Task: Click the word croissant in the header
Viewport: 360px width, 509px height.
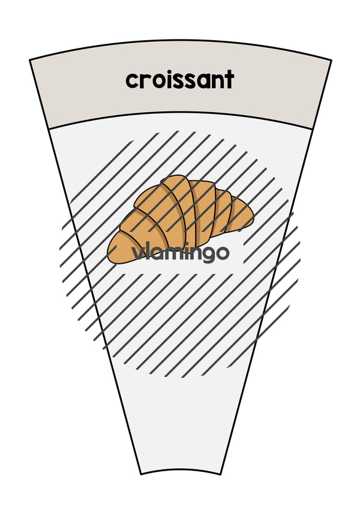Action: coord(179,80)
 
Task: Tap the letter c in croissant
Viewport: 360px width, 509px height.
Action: coord(132,81)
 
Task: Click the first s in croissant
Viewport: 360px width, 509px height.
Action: coord(182,81)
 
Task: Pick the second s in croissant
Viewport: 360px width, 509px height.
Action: coord(196,81)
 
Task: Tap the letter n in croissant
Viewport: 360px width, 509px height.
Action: coord(220,81)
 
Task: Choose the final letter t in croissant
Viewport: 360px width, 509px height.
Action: coord(230,80)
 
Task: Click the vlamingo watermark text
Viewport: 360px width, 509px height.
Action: coord(181,253)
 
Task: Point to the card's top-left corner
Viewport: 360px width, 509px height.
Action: coord(30,60)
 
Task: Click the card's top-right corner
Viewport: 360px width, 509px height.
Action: coord(331,60)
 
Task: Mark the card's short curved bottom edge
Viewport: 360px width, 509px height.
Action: coord(181,469)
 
